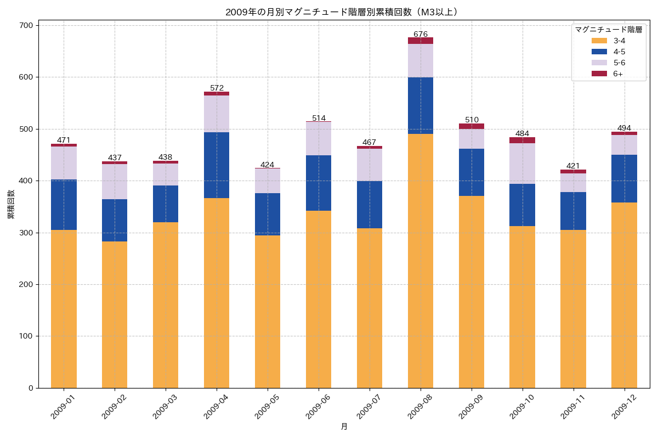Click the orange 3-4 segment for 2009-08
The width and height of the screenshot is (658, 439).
click(x=421, y=261)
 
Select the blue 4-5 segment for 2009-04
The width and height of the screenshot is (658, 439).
click(x=217, y=165)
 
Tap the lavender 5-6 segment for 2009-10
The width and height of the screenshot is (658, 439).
click(x=522, y=164)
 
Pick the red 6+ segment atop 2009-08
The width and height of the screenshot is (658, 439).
click(x=421, y=41)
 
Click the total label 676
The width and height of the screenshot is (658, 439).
click(x=421, y=34)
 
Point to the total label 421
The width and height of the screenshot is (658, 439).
click(x=573, y=166)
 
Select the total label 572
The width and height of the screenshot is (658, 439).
click(x=217, y=88)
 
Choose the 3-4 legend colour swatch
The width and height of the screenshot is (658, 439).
click(x=599, y=41)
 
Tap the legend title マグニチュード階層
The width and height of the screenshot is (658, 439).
click(x=608, y=30)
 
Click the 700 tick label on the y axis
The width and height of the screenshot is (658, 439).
click(x=26, y=26)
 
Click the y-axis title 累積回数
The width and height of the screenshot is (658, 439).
click(x=10, y=204)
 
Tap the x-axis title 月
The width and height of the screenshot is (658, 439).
click(x=344, y=426)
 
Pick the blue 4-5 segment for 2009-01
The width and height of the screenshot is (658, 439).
click(x=64, y=205)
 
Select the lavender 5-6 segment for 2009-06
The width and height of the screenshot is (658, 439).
click(x=319, y=138)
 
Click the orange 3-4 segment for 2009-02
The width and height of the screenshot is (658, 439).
click(x=115, y=314)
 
